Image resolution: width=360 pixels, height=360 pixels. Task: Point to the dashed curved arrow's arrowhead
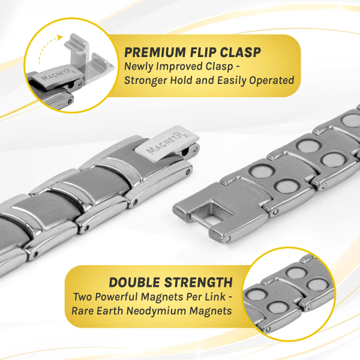pyautogui.click(x=60, y=37)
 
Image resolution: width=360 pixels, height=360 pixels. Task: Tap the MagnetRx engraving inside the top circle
pyautogui.click(x=59, y=73)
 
